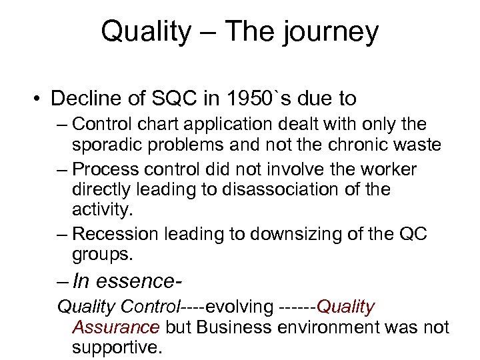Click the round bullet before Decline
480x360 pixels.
click(x=40, y=99)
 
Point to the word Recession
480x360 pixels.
click(x=113, y=235)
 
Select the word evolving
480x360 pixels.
click(x=238, y=307)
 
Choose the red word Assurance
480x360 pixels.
click(x=116, y=328)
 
